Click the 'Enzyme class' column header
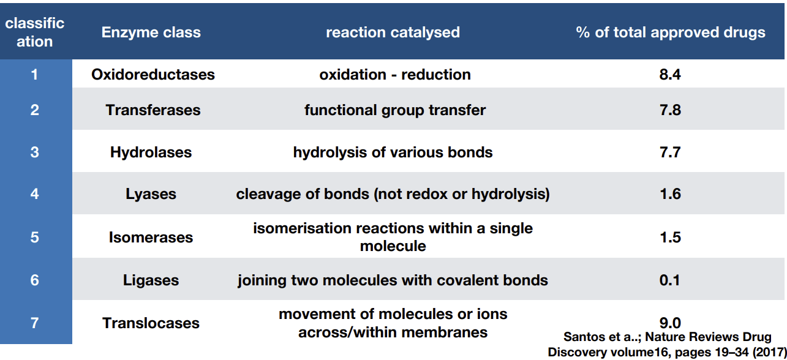coord(151,32)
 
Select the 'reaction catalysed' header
coord(393,32)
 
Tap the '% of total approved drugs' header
coord(671,32)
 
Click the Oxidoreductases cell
coord(153,75)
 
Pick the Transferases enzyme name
coord(153,110)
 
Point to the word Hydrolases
coord(151,152)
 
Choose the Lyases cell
coord(151,194)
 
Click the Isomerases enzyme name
coord(151,238)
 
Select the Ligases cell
coord(151,280)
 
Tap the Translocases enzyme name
coord(151,323)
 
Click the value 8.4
coord(670,75)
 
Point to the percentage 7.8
coord(670,110)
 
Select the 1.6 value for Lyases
coord(670,194)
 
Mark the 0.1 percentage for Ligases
coord(669,280)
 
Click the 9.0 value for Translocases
coord(670,323)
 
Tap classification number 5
coord(34,237)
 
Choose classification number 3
coord(34,152)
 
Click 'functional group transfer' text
coord(395,110)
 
